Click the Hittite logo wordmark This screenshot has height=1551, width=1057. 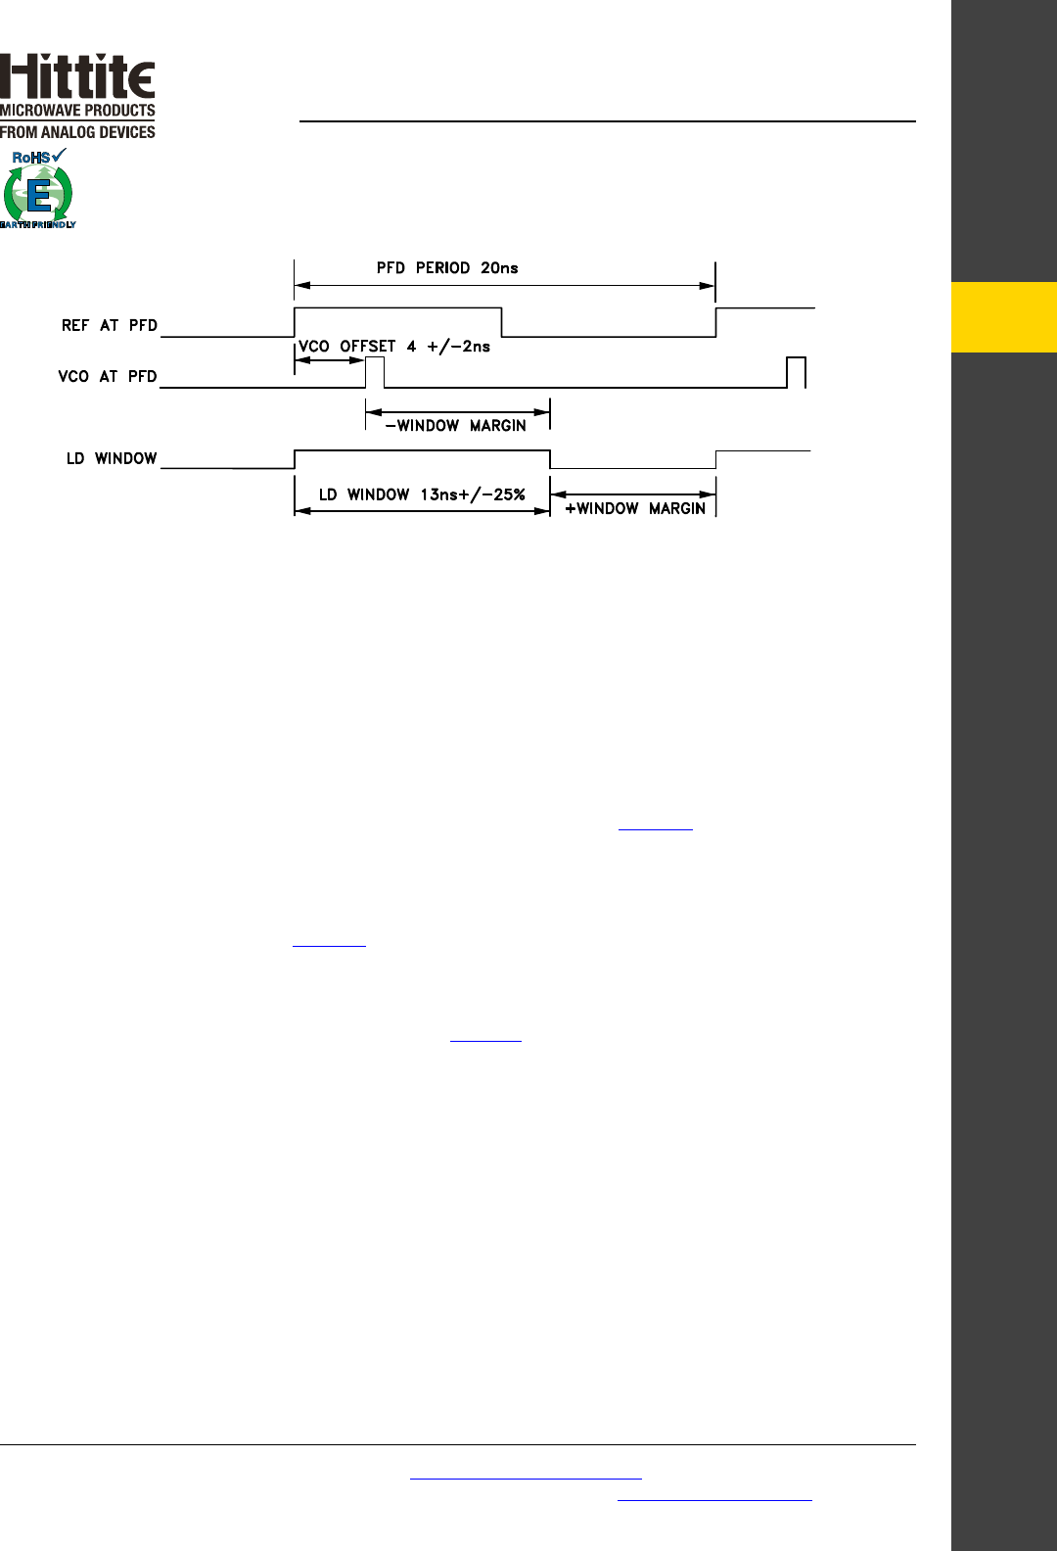click(77, 76)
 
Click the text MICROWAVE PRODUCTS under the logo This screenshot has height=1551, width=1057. click(77, 111)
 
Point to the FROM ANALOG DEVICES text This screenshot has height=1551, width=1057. click(77, 132)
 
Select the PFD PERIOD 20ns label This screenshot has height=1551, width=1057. click(447, 268)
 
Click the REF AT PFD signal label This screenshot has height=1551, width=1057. click(109, 325)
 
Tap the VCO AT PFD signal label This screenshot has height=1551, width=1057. click(108, 376)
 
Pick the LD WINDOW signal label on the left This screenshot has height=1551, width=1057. click(112, 458)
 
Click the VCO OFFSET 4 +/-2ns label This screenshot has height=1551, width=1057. click(394, 347)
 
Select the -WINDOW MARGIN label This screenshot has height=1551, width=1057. click(456, 426)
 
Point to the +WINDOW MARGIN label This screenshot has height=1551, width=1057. click(635, 508)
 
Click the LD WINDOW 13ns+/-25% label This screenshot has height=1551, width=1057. click(422, 494)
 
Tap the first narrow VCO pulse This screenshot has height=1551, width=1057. click(375, 372)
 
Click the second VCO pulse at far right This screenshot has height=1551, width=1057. click(796, 372)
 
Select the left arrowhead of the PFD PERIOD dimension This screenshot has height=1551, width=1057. click(302, 286)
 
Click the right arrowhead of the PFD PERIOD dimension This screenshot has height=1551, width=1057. click(708, 286)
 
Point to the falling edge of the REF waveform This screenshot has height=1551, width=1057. click(502, 322)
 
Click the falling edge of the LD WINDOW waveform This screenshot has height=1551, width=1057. click(550, 459)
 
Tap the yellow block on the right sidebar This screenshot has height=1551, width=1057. click(1004, 317)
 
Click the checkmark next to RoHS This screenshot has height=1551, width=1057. click(60, 155)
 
